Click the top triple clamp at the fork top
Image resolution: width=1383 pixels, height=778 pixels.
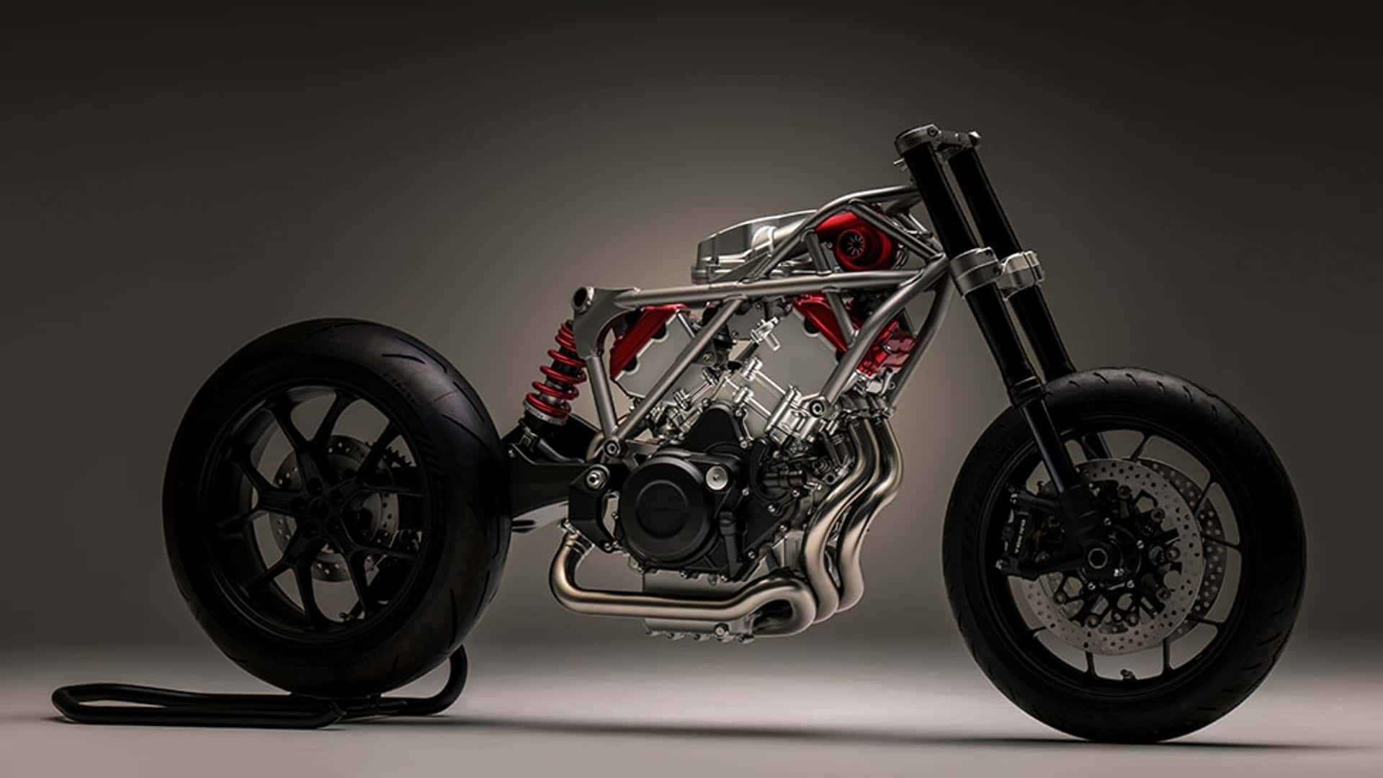point(936,137)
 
